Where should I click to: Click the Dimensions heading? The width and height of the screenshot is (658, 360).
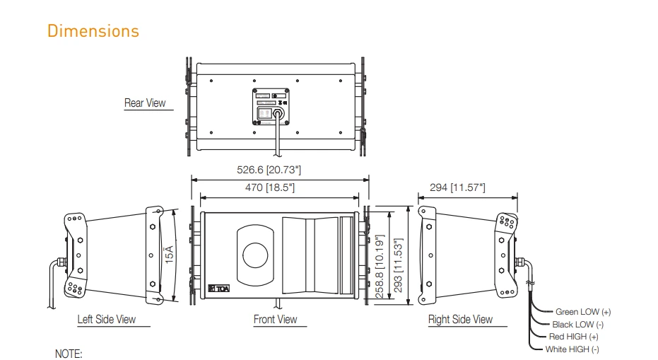coord(93,31)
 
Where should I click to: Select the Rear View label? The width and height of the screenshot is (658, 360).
coord(145,103)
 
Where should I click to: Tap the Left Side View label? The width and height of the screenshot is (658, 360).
coord(106,320)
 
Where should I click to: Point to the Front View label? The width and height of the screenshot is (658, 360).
coord(276,320)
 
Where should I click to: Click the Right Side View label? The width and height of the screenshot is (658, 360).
coord(460,320)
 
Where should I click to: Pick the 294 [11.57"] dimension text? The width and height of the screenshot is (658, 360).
coord(457,187)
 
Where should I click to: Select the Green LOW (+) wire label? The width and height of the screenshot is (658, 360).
coord(583,311)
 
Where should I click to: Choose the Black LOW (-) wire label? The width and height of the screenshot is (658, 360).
coord(577,324)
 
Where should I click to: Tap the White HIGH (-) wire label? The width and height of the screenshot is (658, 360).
coord(572,349)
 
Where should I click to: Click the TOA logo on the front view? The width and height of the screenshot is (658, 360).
coord(221,288)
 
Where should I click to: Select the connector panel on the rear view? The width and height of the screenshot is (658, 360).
coord(272,108)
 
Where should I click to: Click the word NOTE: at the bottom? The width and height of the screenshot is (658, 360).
coord(69,353)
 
